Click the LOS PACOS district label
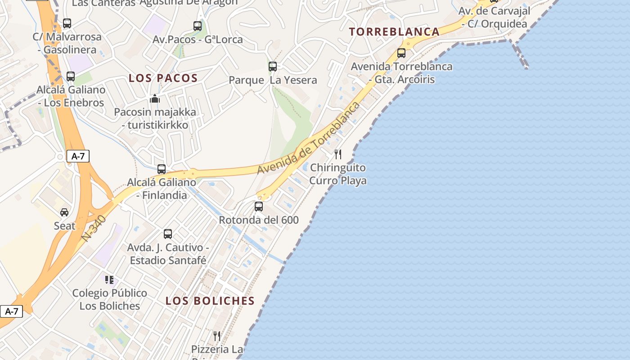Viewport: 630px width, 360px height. point(163,78)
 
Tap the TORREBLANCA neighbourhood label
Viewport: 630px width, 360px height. point(394,31)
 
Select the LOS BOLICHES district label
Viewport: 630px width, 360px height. point(210,301)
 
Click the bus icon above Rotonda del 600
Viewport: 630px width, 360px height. point(259,207)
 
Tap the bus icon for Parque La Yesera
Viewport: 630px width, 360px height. point(273,67)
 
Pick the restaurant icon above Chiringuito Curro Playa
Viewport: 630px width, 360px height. point(338,154)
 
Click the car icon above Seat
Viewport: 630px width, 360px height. point(64,212)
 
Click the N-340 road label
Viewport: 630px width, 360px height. point(94,228)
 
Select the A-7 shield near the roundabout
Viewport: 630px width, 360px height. point(78,156)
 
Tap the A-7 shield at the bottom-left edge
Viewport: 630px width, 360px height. point(11,311)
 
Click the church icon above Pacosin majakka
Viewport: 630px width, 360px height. point(155,99)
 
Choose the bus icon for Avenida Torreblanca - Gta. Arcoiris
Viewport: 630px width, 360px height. point(401,53)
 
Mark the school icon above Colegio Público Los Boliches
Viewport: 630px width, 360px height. point(109,280)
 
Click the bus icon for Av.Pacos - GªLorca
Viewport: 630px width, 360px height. point(198,26)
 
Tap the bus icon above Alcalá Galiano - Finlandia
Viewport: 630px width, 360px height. point(162,169)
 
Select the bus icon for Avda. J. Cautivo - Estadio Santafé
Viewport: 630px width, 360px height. point(168,234)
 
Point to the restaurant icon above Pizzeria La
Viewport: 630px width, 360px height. point(217,336)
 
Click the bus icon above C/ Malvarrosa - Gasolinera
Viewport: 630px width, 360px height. point(67,23)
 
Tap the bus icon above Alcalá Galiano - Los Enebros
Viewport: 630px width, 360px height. point(71,76)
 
